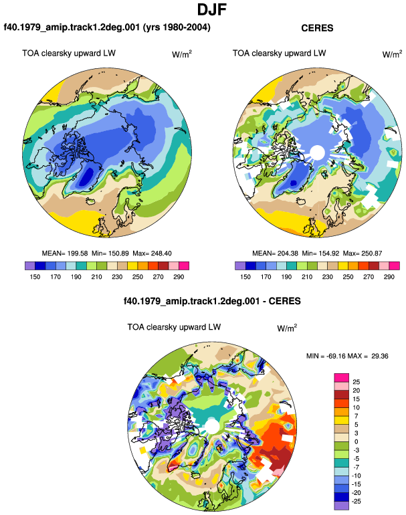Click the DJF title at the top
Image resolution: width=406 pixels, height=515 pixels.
point(212,10)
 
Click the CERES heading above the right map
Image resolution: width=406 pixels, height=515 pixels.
point(317,28)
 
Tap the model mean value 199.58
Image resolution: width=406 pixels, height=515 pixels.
point(78,253)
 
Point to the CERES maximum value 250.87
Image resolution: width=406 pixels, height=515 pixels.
point(371,253)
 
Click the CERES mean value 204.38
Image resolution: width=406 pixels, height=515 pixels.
point(288,253)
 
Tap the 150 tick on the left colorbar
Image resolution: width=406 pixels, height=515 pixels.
point(35,277)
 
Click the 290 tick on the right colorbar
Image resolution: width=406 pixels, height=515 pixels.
point(389,277)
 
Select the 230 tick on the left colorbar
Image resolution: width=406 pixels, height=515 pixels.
point(117,277)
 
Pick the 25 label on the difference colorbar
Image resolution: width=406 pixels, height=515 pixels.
point(356,382)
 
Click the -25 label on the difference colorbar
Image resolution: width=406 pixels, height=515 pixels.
point(356,502)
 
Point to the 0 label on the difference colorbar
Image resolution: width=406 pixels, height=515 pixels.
point(356,441)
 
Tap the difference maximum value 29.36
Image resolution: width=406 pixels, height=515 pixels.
point(380,356)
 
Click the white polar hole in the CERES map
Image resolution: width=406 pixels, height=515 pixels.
point(317,152)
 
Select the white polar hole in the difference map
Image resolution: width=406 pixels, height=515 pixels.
point(212,426)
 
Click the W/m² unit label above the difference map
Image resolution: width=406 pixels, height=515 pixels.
point(287,328)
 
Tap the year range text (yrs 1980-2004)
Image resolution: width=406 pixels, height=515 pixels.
point(177,27)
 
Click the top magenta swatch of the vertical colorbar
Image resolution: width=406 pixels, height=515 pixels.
point(341,377)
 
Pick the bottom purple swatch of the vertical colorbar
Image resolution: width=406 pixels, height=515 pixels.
point(341,506)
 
